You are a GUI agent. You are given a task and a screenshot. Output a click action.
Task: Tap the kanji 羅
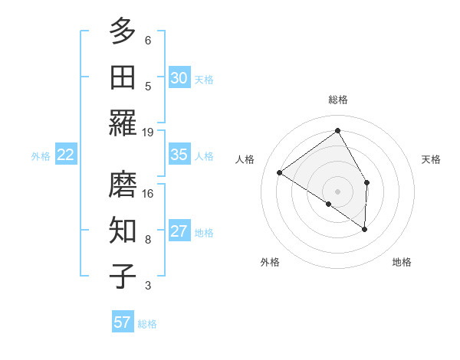tap(123, 123)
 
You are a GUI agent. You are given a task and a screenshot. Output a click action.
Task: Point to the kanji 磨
tap(123, 184)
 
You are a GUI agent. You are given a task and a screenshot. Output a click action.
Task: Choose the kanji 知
tap(123, 230)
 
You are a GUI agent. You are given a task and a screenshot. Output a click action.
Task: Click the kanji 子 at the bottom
tap(123, 276)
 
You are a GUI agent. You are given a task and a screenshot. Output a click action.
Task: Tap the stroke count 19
tap(149, 132)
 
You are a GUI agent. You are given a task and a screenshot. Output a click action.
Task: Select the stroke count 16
tap(149, 193)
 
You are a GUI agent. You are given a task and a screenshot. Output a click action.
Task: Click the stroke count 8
tap(148, 239)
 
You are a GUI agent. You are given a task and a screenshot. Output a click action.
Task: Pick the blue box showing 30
tap(179, 78)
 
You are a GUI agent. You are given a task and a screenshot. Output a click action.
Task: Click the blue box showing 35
tap(179, 155)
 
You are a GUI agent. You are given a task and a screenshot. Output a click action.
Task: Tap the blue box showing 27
tap(179, 231)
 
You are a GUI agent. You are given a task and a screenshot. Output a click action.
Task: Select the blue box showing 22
tap(65, 155)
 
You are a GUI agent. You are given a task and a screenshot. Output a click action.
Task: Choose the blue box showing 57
tap(122, 322)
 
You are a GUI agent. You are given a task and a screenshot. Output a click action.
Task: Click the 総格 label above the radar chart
tap(338, 100)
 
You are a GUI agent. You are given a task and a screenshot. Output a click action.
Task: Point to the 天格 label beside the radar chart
tap(432, 159)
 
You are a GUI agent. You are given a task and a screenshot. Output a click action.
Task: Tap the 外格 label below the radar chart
tap(270, 263)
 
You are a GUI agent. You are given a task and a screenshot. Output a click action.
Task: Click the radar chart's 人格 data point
tap(280, 172)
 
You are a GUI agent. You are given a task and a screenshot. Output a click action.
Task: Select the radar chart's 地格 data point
tap(364, 229)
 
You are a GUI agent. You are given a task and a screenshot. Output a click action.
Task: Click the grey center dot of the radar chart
tap(337, 191)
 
